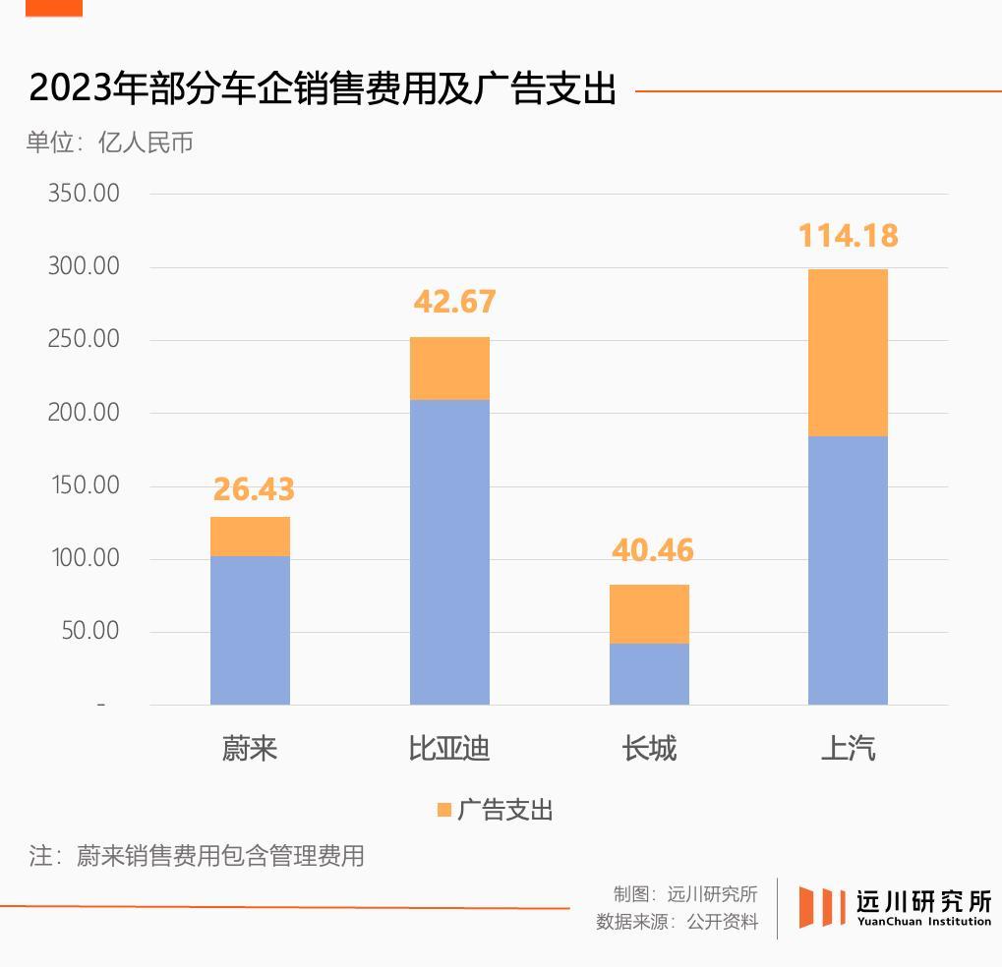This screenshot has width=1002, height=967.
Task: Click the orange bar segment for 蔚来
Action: click(x=250, y=537)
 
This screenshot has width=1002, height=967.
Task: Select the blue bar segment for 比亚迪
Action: click(x=449, y=551)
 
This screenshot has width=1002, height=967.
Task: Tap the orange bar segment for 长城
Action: click(x=649, y=614)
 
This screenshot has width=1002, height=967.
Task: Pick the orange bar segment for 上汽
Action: click(x=848, y=353)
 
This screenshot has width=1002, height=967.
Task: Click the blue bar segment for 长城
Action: click(x=649, y=674)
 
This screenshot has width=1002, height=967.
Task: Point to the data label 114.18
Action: click(x=848, y=236)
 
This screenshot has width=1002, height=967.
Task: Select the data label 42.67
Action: click(x=454, y=302)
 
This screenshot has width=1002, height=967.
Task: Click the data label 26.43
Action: click(x=254, y=488)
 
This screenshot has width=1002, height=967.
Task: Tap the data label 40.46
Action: click(x=653, y=550)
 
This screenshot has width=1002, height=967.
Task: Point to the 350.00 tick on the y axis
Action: click(x=84, y=194)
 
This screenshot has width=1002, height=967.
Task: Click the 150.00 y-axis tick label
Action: click(x=84, y=485)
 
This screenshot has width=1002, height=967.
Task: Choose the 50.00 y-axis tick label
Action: click(x=89, y=631)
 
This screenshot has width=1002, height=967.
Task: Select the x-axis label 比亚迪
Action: click(x=449, y=749)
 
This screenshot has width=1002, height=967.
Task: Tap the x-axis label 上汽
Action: click(x=848, y=749)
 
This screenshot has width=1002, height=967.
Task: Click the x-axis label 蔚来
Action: click(x=250, y=749)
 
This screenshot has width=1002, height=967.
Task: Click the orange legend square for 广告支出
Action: click(x=444, y=810)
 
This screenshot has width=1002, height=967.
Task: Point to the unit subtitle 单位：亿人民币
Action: click(x=110, y=142)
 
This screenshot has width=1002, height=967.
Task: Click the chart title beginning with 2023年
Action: click(x=323, y=89)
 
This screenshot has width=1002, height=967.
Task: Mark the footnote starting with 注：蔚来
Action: click(x=197, y=855)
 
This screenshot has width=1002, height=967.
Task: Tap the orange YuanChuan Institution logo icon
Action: click(x=821, y=906)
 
